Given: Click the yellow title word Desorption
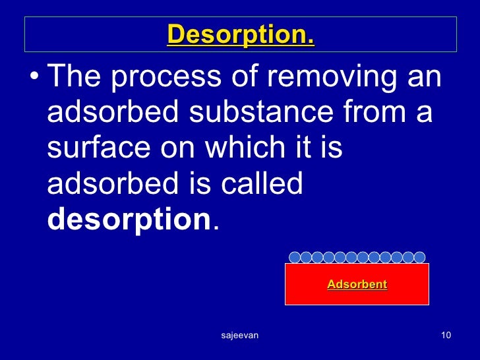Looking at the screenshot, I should [x=241, y=35].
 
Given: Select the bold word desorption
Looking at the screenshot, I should [x=129, y=220].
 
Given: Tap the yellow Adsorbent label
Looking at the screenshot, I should [x=357, y=285].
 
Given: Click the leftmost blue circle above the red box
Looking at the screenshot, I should [x=295, y=257].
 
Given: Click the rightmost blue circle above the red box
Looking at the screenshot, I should [x=419, y=257].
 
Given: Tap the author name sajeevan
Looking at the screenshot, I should [x=239, y=336].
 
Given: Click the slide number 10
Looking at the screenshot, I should [x=446, y=336].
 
